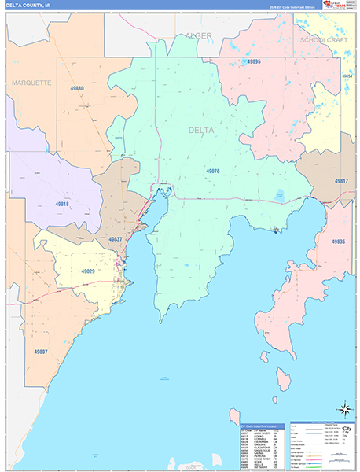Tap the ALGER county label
(199, 35)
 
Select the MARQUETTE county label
(31, 82)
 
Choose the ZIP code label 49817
(340, 181)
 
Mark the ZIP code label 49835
(339, 242)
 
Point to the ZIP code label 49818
(62, 204)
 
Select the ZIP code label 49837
(115, 238)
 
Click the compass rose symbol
(343, 409)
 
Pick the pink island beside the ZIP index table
(234, 415)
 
